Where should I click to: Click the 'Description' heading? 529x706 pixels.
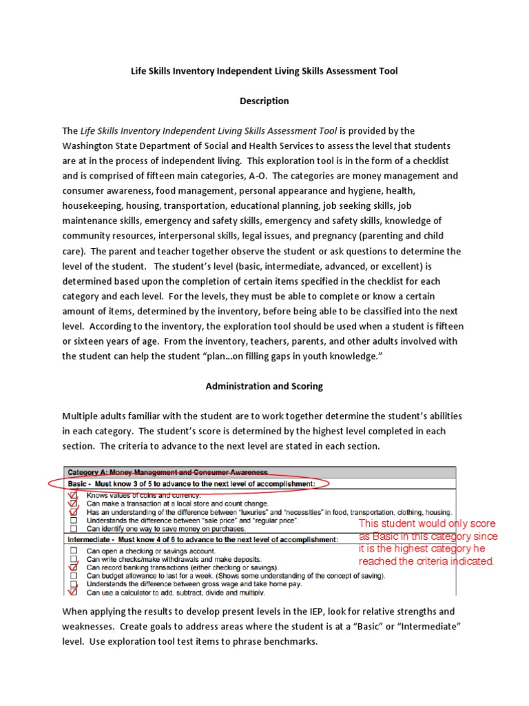pos(264,101)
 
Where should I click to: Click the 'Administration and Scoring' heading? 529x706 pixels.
pos(264,386)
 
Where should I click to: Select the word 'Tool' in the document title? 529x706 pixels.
pos(386,71)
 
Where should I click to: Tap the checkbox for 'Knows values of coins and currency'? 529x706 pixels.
pos(73,495)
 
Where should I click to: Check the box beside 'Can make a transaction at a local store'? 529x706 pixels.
pos(73,504)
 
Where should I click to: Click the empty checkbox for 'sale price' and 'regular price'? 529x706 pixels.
pos(73,521)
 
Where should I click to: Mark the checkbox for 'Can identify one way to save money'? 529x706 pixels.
pos(73,529)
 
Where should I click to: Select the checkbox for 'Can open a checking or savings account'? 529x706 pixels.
pos(73,551)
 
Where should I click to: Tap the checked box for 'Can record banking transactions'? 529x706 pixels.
pos(73,567)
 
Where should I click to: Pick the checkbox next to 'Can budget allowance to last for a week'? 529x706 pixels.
pos(73,576)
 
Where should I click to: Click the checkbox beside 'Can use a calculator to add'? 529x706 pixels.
pos(73,592)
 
